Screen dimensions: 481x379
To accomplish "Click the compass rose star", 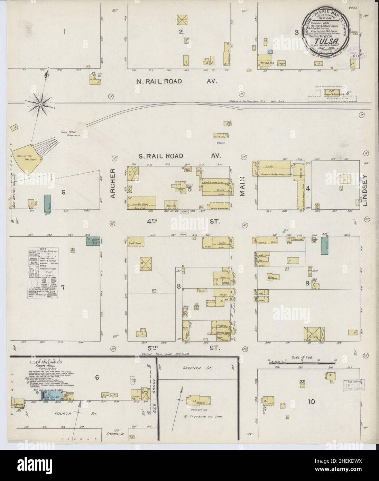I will [x=40, y=103].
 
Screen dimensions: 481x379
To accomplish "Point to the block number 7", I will [x=63, y=287].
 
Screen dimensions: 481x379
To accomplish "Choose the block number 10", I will [x=311, y=401].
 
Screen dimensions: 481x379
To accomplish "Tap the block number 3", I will [x=296, y=33].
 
